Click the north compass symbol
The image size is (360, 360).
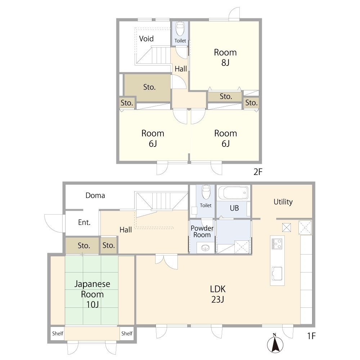click(275, 343)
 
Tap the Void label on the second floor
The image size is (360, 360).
click(146, 39)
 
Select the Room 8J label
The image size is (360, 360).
click(225, 57)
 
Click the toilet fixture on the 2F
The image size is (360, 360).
click(180, 29)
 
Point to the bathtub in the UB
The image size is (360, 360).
click(233, 193)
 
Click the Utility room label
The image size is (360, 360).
click(283, 202)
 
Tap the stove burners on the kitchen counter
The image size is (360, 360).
click(277, 244)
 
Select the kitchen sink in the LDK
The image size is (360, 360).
click(277, 274)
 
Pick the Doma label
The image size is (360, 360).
click(95, 195)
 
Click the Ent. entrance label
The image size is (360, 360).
click(84, 222)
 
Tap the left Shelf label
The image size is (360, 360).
click(58, 333)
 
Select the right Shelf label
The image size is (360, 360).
click(127, 333)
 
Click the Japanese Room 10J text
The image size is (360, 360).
click(92, 294)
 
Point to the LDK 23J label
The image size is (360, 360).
click(218, 294)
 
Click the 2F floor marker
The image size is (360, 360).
click(258, 172)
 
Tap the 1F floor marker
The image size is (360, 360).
click(311, 336)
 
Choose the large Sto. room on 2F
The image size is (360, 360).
click(147, 87)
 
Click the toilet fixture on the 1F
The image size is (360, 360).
click(206, 192)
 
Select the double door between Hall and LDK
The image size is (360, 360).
click(166, 261)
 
